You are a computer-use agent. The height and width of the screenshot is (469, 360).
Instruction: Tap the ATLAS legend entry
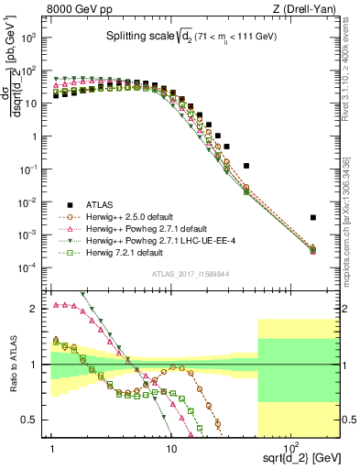(100, 204)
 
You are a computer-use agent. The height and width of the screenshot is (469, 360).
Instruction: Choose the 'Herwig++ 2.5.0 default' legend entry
(128, 217)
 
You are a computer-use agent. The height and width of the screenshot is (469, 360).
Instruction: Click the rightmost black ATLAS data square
(313, 218)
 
